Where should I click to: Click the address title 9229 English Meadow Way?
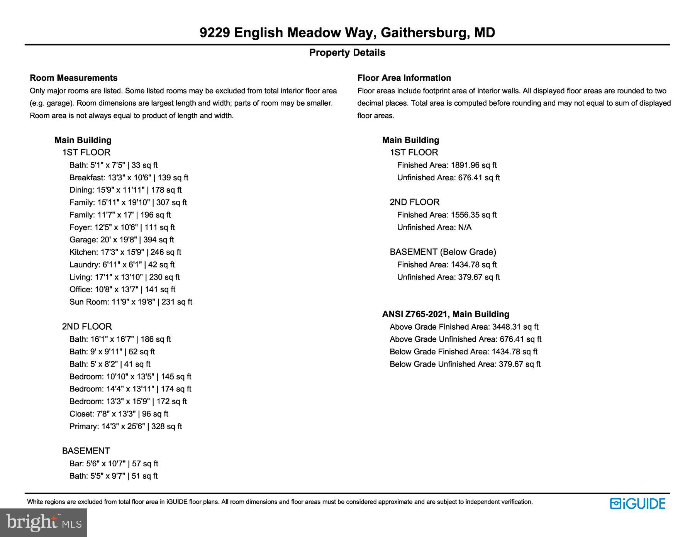[347, 32]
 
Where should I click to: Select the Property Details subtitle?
[347, 53]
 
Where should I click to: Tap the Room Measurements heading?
[73, 78]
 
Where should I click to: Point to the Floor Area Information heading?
[404, 78]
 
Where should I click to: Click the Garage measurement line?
[122, 240]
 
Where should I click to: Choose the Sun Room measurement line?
[131, 302]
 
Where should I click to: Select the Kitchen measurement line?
[125, 252]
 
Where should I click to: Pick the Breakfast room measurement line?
[129, 178]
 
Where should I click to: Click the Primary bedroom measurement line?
[125, 426]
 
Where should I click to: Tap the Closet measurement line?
[119, 414]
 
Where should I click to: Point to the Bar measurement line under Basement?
[114, 464]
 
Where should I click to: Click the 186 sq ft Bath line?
[120, 339]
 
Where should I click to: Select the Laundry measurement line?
[122, 264]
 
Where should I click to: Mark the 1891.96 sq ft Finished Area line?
[447, 165]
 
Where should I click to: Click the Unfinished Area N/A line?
[434, 227]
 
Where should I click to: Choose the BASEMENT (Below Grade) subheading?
[442, 252]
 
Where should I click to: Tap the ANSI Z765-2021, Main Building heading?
[446, 314]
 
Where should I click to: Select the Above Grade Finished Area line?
[464, 327]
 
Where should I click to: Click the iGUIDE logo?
[637, 503]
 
